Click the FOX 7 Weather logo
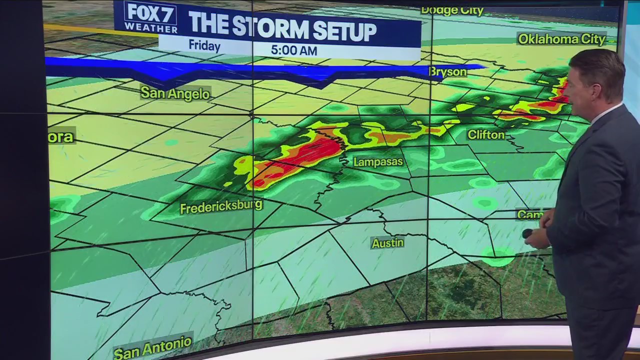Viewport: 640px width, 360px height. click(x=150, y=17)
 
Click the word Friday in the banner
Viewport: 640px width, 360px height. click(x=204, y=46)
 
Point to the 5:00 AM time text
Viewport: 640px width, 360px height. click(x=294, y=50)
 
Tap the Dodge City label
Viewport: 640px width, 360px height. click(x=452, y=10)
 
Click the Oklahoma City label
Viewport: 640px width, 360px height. click(x=562, y=39)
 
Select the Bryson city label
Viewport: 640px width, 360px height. click(x=448, y=72)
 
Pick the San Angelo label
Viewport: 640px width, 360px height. click(x=175, y=93)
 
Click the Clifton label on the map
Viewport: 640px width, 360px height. click(x=485, y=134)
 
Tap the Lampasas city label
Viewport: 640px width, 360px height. click(x=378, y=162)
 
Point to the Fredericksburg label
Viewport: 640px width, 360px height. click(x=221, y=206)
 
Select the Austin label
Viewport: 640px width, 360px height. click(x=387, y=243)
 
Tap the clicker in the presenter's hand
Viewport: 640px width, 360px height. click(x=527, y=233)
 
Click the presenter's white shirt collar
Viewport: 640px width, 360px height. click(x=607, y=112)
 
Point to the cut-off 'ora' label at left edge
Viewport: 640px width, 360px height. click(x=61, y=137)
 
